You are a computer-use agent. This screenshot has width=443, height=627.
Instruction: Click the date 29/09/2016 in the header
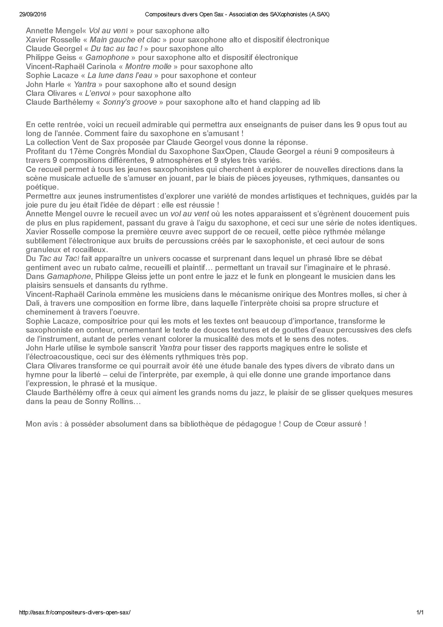click(x=33, y=15)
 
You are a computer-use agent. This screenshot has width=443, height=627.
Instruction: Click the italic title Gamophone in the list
click(x=107, y=58)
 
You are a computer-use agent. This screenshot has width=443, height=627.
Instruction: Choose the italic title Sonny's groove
click(x=130, y=102)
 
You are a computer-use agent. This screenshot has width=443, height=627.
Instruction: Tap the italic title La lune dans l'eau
click(x=120, y=75)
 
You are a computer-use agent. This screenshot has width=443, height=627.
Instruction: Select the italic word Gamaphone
click(x=69, y=277)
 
